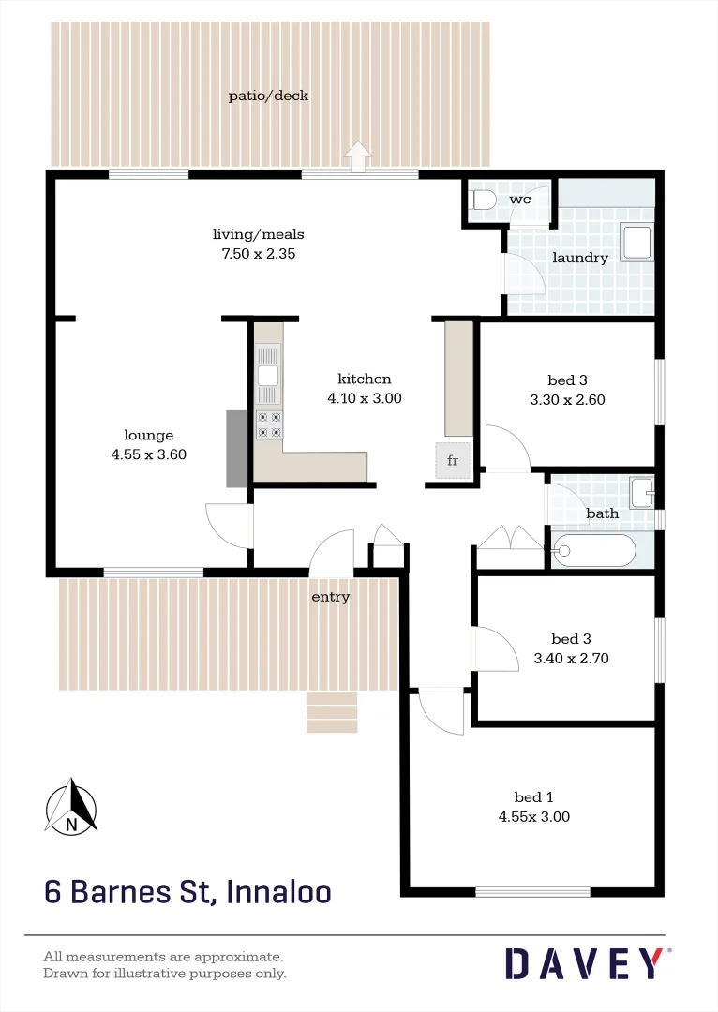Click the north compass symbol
point(71,807)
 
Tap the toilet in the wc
point(484,201)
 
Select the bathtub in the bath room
point(593,550)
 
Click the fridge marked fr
point(453,460)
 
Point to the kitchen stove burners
point(269,424)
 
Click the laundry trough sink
point(637,242)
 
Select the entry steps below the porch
point(332,712)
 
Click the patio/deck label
point(268,96)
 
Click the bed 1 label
point(532,796)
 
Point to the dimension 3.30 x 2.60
point(567,399)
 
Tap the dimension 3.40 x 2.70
point(571,658)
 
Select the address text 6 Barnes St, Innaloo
point(187,891)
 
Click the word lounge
point(149,435)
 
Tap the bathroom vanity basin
point(642,490)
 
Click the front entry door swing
point(330,552)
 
